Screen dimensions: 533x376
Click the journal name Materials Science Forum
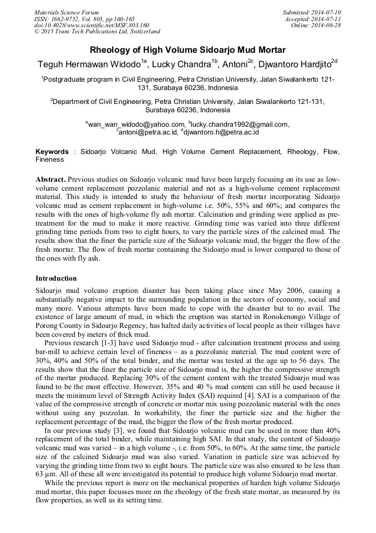pos(67,12)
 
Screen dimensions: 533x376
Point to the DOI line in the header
pos(92,26)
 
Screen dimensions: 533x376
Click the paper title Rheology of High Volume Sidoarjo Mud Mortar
pos(187,49)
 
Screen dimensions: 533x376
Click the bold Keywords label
pos(53,151)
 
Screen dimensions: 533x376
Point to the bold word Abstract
pos(50,180)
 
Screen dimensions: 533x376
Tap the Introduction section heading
pos(56,278)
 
